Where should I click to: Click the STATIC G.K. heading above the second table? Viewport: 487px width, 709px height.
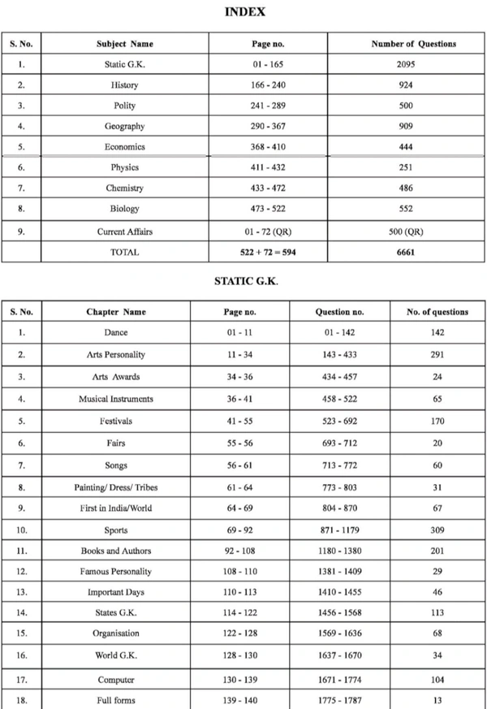246,281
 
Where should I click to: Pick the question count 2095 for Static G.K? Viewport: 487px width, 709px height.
406,63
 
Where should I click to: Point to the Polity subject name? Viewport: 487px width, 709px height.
125,106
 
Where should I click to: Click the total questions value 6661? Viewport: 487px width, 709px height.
406,252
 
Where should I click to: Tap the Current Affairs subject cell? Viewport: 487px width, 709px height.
125,231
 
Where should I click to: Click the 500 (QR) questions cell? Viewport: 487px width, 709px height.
406,231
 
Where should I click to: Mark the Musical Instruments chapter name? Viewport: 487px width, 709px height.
116,399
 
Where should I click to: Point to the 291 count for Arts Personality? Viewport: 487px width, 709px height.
438,355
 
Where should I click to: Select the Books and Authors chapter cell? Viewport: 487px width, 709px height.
116,551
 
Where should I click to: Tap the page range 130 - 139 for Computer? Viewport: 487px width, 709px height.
240,680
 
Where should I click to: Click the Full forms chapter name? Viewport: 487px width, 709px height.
116,700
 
